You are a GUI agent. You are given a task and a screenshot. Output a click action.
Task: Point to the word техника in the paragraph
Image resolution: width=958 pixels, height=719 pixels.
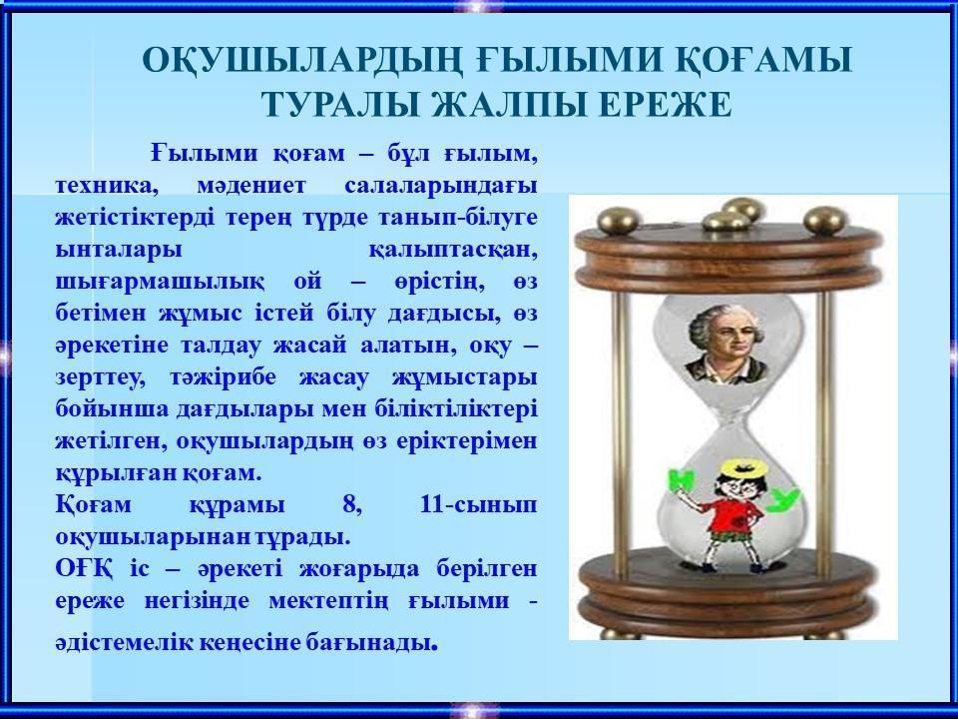tap(107, 186)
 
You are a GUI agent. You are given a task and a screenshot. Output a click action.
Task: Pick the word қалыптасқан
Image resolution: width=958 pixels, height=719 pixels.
tap(453, 251)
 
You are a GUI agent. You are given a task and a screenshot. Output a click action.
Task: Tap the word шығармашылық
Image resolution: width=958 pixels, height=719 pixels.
tap(160, 283)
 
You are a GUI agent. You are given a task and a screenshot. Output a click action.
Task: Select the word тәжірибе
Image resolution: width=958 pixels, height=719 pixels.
tap(223, 377)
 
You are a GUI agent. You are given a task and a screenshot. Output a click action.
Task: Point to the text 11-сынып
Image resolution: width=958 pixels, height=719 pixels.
tap(478, 505)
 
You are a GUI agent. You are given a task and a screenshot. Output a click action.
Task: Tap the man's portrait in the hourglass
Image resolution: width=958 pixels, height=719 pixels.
tap(725, 345)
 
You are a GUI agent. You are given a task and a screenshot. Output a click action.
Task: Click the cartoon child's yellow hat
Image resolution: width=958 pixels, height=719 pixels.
tap(742, 468)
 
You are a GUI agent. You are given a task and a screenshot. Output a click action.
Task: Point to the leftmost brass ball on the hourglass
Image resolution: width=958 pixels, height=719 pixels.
tap(620, 221)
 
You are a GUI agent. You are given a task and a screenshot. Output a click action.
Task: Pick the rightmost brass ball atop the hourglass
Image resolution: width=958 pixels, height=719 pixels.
tap(826, 220)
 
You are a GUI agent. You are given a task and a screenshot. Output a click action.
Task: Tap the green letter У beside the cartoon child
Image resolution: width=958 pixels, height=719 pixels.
tap(783, 500)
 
